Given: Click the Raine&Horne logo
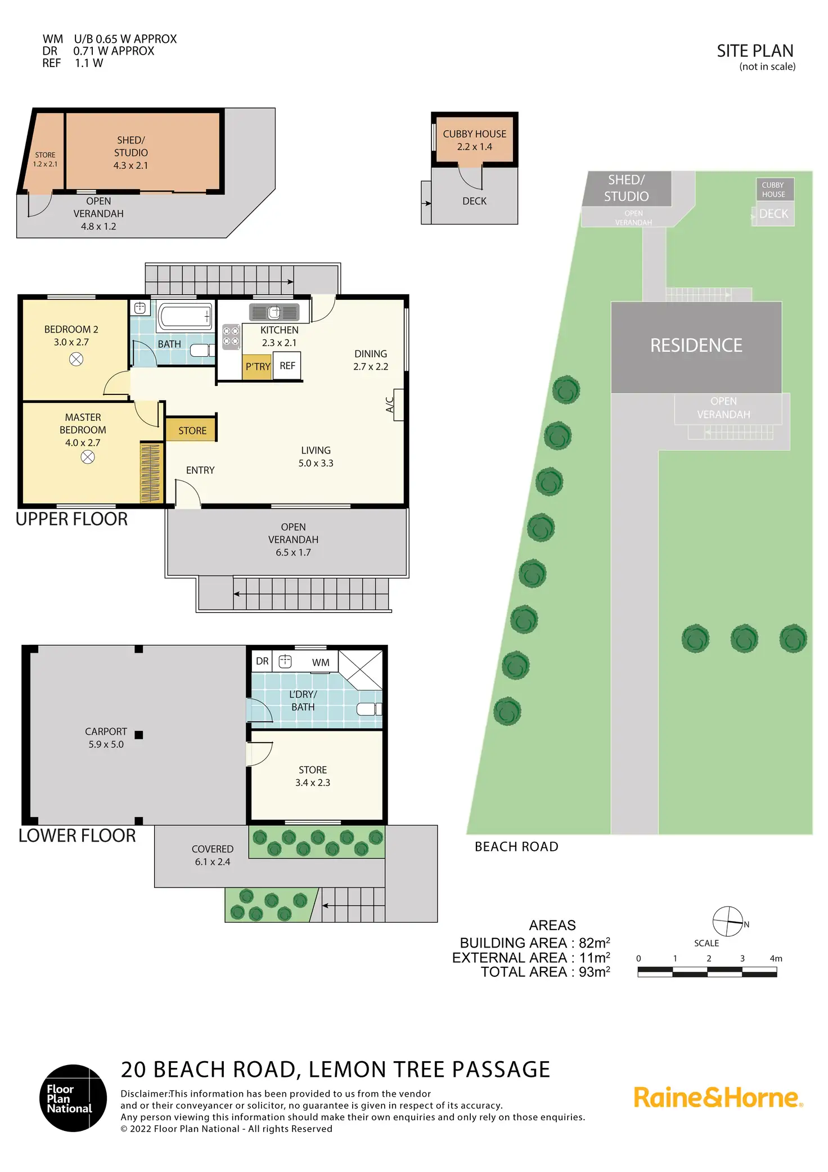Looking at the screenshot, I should [718, 1098].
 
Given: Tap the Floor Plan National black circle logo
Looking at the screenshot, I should [73, 1098].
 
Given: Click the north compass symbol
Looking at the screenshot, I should [727, 922].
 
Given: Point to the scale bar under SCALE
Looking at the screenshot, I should [707, 972].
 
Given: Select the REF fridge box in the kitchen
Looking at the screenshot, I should [287, 366].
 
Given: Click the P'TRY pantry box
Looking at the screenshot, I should [258, 367].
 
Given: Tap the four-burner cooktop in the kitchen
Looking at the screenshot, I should [231, 336].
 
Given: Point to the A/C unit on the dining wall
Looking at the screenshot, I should [398, 405].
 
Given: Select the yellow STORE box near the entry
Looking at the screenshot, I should [191, 430].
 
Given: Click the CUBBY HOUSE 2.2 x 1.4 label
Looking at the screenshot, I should [474, 140].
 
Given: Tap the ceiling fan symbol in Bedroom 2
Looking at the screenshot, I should [76, 359].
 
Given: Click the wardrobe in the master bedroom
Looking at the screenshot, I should [151, 473].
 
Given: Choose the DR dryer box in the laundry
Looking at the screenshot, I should [262, 661].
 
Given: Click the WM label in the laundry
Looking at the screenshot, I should [321, 663].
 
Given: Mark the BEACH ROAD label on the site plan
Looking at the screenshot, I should [516, 847].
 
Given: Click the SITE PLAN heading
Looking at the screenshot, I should [754, 51].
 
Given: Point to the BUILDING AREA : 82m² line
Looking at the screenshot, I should [534, 943].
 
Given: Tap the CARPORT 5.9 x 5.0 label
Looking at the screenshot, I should [106, 738].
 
